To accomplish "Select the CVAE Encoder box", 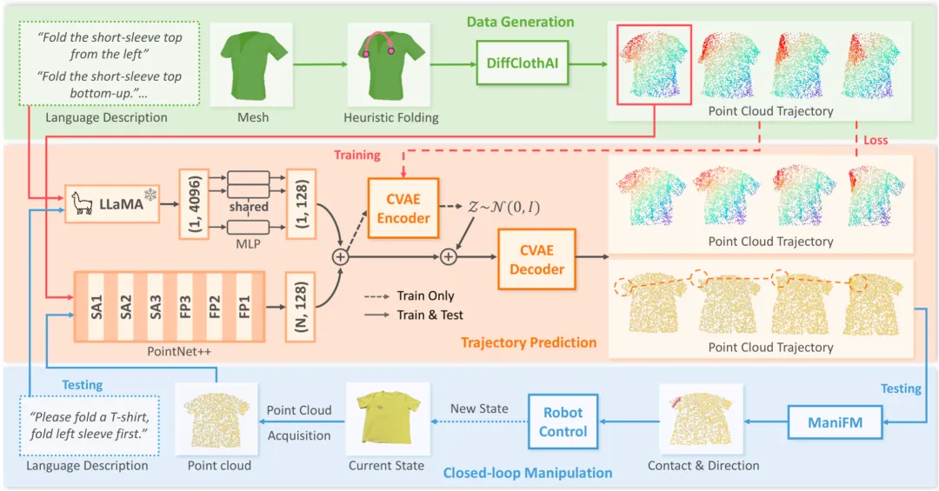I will pyautogui.click(x=403, y=209).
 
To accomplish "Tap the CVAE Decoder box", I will pyautogui.click(x=536, y=260).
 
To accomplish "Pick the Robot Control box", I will pyautogui.click(x=563, y=421).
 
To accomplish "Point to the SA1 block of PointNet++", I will pyautogui.click(x=97, y=308).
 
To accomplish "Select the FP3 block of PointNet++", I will pyautogui.click(x=184, y=308).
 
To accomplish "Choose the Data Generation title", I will pyautogui.click(x=520, y=22).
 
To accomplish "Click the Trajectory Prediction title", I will pyautogui.click(x=529, y=342).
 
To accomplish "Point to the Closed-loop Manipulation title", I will pyautogui.click(x=528, y=473).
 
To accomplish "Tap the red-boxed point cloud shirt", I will pyautogui.click(x=653, y=64).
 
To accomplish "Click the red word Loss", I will pyautogui.click(x=876, y=139).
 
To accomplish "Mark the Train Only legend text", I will pyautogui.click(x=425, y=296).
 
